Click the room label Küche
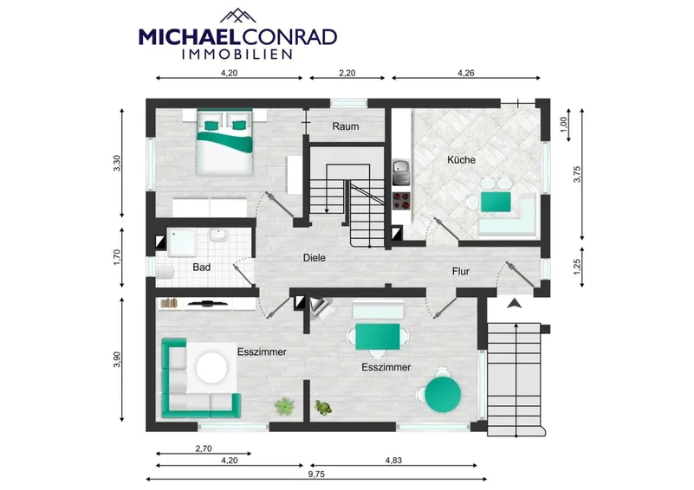coord(461,159)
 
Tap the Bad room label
coord(201,268)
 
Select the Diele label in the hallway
coord(315,258)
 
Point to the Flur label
coord(461,272)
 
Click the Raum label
coord(346,126)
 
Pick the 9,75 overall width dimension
coord(316,474)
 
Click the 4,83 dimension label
coord(393,461)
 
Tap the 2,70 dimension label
coord(204,448)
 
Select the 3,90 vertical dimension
coord(117,359)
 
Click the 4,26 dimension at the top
coord(465,73)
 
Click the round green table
coord(443,394)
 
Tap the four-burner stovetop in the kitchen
coord(401,202)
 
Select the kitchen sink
coord(401,172)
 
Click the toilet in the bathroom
coord(165,273)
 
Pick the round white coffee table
coord(211,367)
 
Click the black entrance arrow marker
coord(515,303)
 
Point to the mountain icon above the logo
coord(238,16)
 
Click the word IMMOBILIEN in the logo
coord(237,54)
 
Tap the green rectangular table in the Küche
coord(496,202)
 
